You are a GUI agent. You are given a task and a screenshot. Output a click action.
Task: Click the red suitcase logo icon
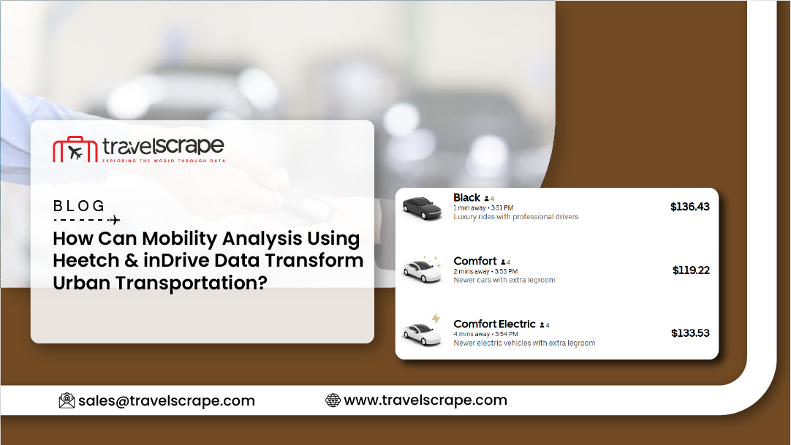(75, 149)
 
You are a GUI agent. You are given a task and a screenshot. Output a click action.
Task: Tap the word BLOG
(79, 205)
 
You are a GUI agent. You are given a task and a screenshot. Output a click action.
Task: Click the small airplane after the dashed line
(115, 220)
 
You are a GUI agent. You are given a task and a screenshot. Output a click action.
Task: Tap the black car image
(422, 208)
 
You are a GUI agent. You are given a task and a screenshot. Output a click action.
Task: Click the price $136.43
(689, 207)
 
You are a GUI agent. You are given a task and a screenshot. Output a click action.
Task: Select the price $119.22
(691, 270)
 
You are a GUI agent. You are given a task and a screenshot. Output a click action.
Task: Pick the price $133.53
(690, 333)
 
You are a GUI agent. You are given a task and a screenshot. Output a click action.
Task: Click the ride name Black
(466, 197)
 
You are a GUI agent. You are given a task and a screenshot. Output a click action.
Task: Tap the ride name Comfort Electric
(494, 324)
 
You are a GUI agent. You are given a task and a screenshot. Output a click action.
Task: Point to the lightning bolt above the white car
(436, 318)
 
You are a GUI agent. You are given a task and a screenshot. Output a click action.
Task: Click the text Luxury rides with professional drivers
(515, 217)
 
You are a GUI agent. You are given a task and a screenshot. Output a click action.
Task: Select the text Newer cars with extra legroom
(504, 280)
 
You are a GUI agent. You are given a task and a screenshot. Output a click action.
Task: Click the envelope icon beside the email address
(67, 400)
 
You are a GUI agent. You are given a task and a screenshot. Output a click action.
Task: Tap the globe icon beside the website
(333, 400)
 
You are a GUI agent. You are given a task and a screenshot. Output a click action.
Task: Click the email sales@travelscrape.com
(167, 401)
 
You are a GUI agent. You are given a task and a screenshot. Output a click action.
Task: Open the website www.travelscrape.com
(425, 400)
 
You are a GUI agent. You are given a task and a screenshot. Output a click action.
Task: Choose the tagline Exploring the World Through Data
(164, 161)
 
